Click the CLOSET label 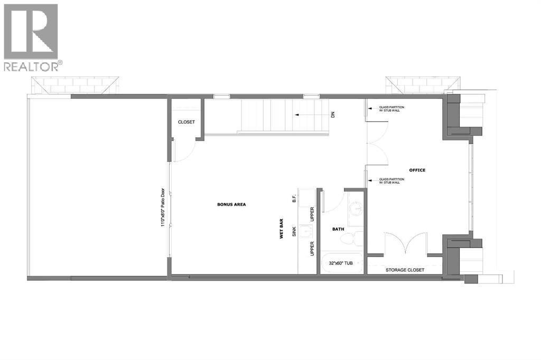coord(186,122)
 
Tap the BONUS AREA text coord(231,204)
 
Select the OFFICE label coord(417,170)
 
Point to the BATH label coord(338,229)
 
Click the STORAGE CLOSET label coord(405,270)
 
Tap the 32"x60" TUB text coord(341,263)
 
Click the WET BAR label coord(282,229)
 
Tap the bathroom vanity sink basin coord(356,209)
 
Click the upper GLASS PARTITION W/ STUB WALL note coord(391,109)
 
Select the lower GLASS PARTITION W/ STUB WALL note coord(391,181)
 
